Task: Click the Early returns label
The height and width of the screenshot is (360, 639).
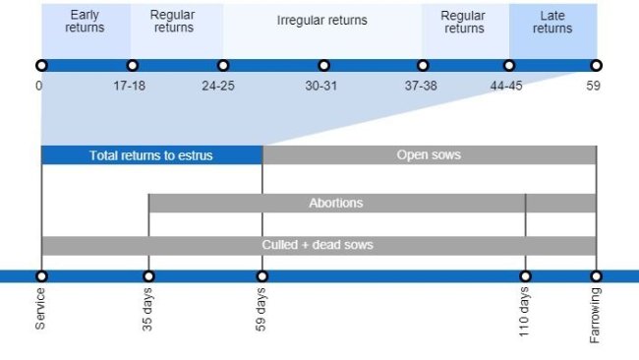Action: [x=85, y=22]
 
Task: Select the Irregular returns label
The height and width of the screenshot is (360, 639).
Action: [x=321, y=21]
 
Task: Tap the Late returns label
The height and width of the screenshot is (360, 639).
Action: [x=552, y=22]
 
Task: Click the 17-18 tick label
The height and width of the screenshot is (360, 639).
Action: [x=130, y=87]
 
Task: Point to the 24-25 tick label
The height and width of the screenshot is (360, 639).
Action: [x=218, y=87]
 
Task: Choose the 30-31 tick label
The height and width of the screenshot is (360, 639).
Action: [x=321, y=87]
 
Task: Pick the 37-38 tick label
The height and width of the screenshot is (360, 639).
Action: [x=421, y=87]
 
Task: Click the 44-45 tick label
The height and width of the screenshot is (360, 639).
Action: [x=507, y=87]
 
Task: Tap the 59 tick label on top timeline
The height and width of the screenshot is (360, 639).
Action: [x=594, y=87]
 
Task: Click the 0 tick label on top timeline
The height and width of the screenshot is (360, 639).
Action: [x=38, y=87]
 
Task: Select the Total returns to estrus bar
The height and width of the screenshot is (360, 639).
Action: [x=151, y=155]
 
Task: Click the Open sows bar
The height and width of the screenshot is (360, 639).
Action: [x=429, y=155]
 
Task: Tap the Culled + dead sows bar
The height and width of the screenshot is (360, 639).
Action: [x=319, y=245]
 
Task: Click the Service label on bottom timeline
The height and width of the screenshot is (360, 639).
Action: [x=41, y=309]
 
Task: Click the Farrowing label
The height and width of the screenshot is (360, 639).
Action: [x=596, y=315]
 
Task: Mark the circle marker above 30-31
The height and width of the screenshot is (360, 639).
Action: [x=323, y=66]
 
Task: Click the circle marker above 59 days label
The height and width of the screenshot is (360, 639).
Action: [x=262, y=276]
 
